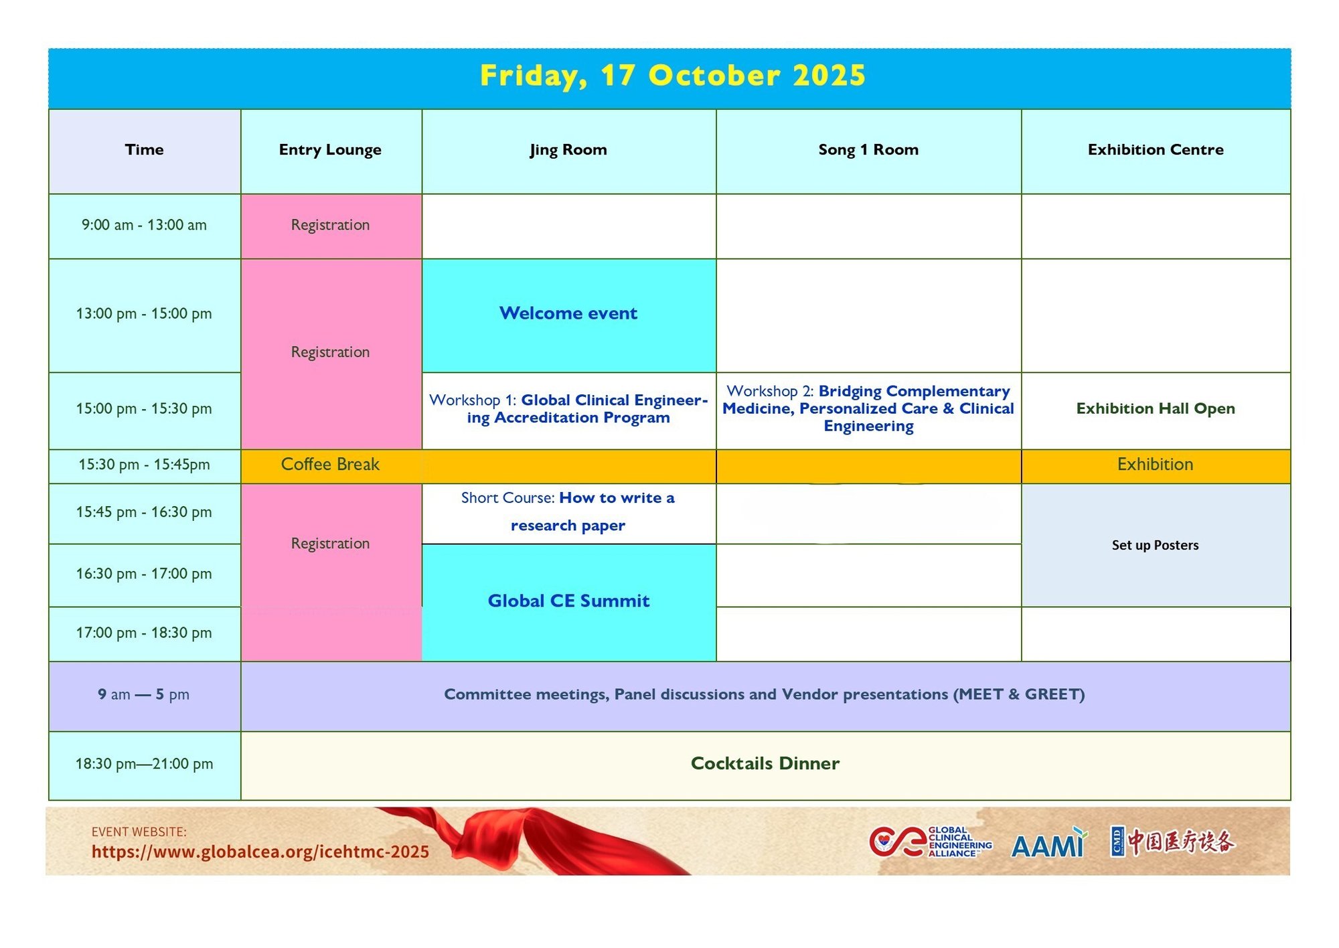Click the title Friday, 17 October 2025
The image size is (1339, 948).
[x=672, y=76]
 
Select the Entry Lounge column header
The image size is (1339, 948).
[x=330, y=150]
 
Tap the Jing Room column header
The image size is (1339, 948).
[x=568, y=150]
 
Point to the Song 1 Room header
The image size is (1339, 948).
[x=868, y=150]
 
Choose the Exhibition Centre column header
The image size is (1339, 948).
[x=1156, y=150]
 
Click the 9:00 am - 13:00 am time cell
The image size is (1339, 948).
[x=144, y=225]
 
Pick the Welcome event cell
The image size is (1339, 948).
[x=568, y=313]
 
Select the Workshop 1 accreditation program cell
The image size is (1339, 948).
[x=568, y=409]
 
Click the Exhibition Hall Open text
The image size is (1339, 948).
[x=1156, y=408]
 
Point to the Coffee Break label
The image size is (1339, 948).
[x=330, y=465]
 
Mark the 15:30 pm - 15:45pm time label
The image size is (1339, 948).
[x=144, y=465]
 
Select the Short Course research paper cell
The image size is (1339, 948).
[x=568, y=512]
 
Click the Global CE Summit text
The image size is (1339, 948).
[x=568, y=601]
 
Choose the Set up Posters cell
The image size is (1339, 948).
[x=1156, y=546]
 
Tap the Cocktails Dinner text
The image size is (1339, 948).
[x=765, y=764]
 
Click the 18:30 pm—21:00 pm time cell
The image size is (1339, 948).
[x=144, y=764]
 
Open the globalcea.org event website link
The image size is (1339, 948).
[x=260, y=852]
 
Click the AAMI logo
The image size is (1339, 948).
[x=1049, y=843]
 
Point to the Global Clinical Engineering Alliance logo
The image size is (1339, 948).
[x=931, y=842]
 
